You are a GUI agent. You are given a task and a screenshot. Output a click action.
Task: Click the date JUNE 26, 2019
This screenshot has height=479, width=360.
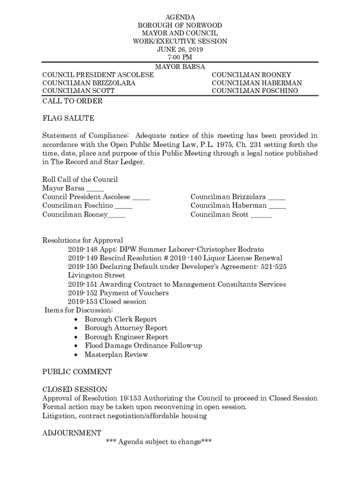pyautogui.click(x=180, y=49)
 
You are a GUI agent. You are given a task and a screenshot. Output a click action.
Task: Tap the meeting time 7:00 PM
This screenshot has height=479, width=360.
pyautogui.click(x=180, y=57)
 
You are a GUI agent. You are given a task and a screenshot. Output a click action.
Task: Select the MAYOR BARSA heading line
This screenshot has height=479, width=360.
pyautogui.click(x=180, y=67)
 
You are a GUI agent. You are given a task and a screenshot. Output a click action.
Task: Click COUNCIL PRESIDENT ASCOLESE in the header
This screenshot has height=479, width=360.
pyautogui.click(x=98, y=75)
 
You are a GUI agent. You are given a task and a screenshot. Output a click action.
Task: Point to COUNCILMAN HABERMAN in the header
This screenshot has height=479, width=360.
pyautogui.click(x=257, y=83)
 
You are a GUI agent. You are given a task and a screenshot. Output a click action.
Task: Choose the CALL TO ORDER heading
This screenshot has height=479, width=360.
pyautogui.click(x=72, y=101)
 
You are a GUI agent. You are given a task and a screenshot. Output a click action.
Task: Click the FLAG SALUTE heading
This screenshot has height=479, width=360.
pyautogui.click(x=68, y=118)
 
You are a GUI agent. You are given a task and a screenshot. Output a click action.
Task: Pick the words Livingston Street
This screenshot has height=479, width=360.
pyautogui.click(x=96, y=276)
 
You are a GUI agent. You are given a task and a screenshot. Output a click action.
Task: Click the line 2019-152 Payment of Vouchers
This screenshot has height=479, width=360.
pyautogui.click(x=118, y=293)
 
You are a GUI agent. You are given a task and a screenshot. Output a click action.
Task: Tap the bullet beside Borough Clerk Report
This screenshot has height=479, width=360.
pyautogui.click(x=76, y=319)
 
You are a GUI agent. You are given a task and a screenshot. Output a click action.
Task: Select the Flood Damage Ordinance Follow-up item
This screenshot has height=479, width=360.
pyautogui.click(x=143, y=346)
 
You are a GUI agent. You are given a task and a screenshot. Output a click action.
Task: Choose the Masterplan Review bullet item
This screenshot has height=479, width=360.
pyautogui.click(x=116, y=355)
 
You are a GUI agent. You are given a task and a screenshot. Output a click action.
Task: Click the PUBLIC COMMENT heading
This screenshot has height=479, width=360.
pyautogui.click(x=77, y=372)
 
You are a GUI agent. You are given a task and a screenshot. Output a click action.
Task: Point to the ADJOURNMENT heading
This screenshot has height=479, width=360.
pyautogui.click(x=72, y=433)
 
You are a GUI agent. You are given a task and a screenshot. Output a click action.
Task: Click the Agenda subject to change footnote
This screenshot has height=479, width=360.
pyautogui.click(x=159, y=442)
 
